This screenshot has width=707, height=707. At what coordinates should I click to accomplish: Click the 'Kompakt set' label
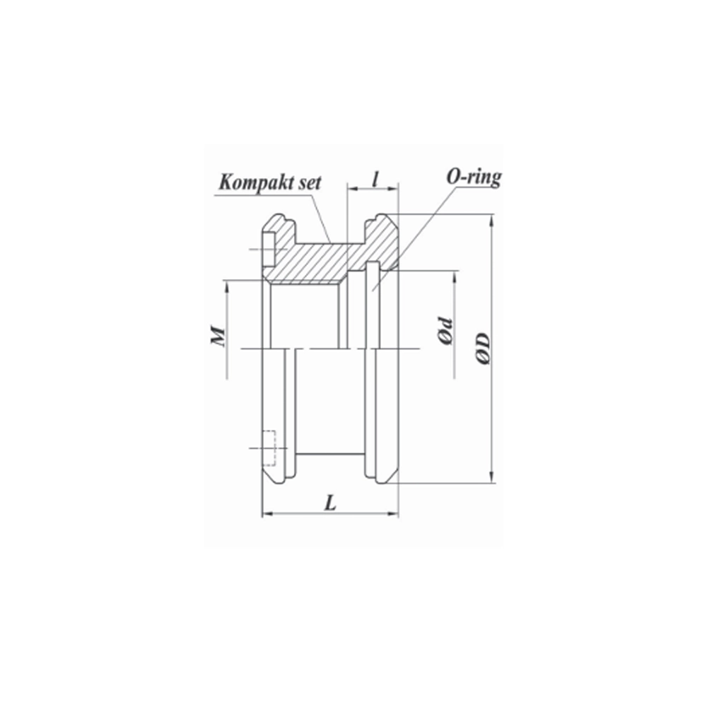pyautogui.click(x=269, y=182)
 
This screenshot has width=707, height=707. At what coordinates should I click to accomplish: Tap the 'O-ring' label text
pyautogui.click(x=474, y=177)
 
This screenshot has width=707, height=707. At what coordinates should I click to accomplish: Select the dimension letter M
pyautogui.click(x=218, y=335)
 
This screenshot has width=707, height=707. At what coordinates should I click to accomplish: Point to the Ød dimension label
pyautogui.click(x=446, y=330)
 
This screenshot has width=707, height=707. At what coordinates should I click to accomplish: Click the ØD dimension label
pyautogui.click(x=482, y=349)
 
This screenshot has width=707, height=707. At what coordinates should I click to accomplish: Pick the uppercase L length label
pyautogui.click(x=331, y=503)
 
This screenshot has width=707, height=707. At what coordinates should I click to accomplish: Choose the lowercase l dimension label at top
pyautogui.click(x=375, y=179)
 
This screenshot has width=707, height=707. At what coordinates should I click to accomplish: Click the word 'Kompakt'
pyautogui.click(x=254, y=182)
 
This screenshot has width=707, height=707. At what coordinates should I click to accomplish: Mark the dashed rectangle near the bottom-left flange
pyautogui.click(x=269, y=448)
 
